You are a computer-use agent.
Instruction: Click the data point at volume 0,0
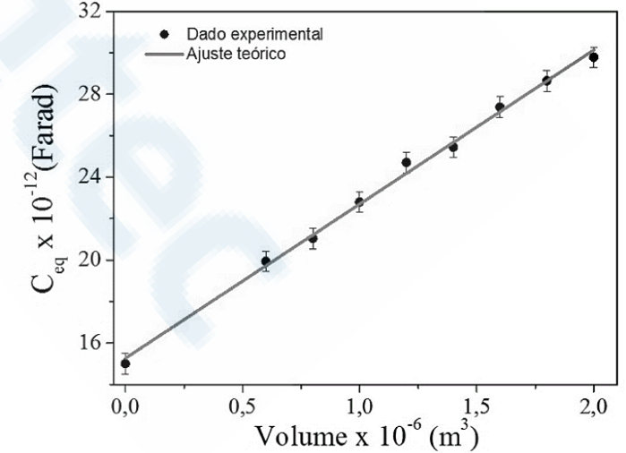click(x=125, y=363)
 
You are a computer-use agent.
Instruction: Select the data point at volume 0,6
click(x=265, y=261)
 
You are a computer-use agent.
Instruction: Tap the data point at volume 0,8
click(x=313, y=238)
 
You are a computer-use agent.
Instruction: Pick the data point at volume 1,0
click(x=359, y=201)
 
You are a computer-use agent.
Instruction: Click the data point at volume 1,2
click(x=406, y=162)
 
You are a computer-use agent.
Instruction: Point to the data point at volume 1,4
click(x=453, y=147)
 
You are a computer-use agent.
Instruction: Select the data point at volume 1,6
click(x=500, y=107)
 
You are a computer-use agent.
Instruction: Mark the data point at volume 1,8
click(x=546, y=81)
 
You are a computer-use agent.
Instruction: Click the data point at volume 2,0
click(x=593, y=57)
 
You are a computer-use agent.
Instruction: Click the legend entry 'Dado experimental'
click(x=254, y=34)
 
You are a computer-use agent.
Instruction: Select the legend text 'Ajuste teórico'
click(x=236, y=54)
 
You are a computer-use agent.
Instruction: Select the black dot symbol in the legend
click(x=164, y=34)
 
